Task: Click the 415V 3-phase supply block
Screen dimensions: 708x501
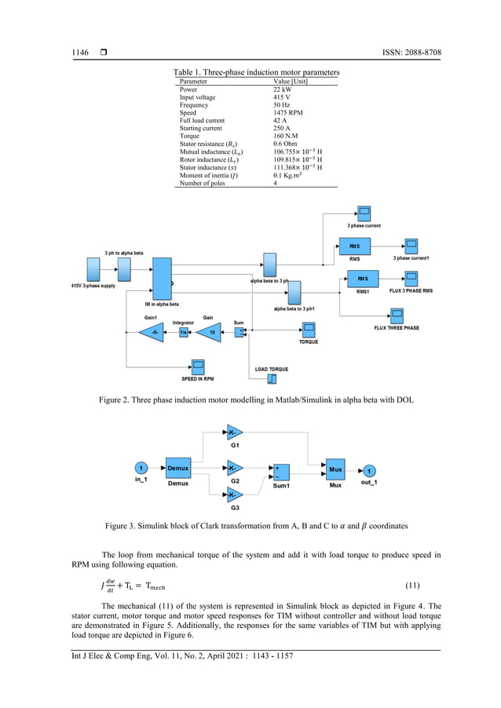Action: [94, 271]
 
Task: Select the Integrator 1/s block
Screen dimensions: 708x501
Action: [184, 332]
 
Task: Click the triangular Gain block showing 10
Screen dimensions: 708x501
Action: [210, 332]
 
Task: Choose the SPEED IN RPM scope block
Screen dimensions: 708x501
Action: [198, 367]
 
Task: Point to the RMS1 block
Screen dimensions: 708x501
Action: [362, 279]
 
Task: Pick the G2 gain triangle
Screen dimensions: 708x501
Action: [235, 469]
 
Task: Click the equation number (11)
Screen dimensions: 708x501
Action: [415, 586]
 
